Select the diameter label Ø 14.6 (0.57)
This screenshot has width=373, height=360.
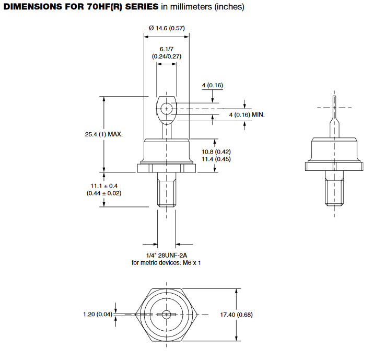click(x=167, y=28)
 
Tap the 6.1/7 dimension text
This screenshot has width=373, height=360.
click(x=167, y=48)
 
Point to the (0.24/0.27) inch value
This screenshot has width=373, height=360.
click(x=167, y=56)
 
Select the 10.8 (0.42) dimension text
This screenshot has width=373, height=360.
click(x=216, y=152)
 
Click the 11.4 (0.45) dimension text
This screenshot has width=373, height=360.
click(x=216, y=159)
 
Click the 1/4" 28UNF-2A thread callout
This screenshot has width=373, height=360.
click(x=166, y=255)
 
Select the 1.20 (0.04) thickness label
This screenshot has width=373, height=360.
click(x=97, y=315)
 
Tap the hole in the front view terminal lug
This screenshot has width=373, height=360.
click(x=167, y=109)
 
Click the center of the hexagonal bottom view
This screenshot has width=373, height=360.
click(x=167, y=315)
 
